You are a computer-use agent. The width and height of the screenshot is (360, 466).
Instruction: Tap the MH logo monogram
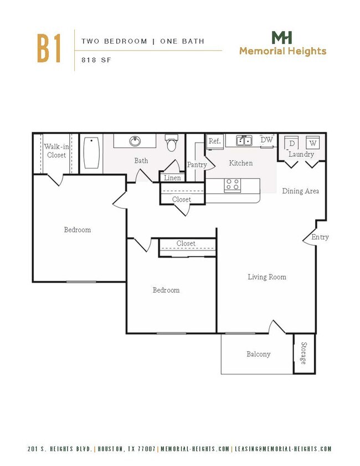point(282,38)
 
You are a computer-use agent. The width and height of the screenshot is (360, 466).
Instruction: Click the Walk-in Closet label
point(56,151)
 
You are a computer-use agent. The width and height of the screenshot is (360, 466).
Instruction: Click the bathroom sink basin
point(135,141)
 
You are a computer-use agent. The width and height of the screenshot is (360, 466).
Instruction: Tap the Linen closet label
point(172,178)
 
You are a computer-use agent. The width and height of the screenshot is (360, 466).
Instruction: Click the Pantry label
point(197,165)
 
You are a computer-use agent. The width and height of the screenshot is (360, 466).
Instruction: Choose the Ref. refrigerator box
point(214,141)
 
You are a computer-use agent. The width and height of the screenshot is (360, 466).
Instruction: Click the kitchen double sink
point(244,141)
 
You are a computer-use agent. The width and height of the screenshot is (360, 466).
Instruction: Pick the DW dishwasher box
point(267,140)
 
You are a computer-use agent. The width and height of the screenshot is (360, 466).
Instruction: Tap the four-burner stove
point(232,185)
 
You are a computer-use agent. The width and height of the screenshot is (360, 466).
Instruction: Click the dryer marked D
point(291,143)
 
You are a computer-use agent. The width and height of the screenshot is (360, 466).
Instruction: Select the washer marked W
point(312,143)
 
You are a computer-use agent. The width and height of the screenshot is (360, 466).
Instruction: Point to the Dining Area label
point(300,191)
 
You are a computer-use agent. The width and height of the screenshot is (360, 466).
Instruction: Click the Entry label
point(320,237)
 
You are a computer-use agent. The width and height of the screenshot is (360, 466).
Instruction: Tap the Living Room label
point(266,276)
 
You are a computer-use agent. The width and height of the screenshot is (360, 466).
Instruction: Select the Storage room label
point(303,354)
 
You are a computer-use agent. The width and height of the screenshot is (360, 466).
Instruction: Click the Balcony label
point(258,354)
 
